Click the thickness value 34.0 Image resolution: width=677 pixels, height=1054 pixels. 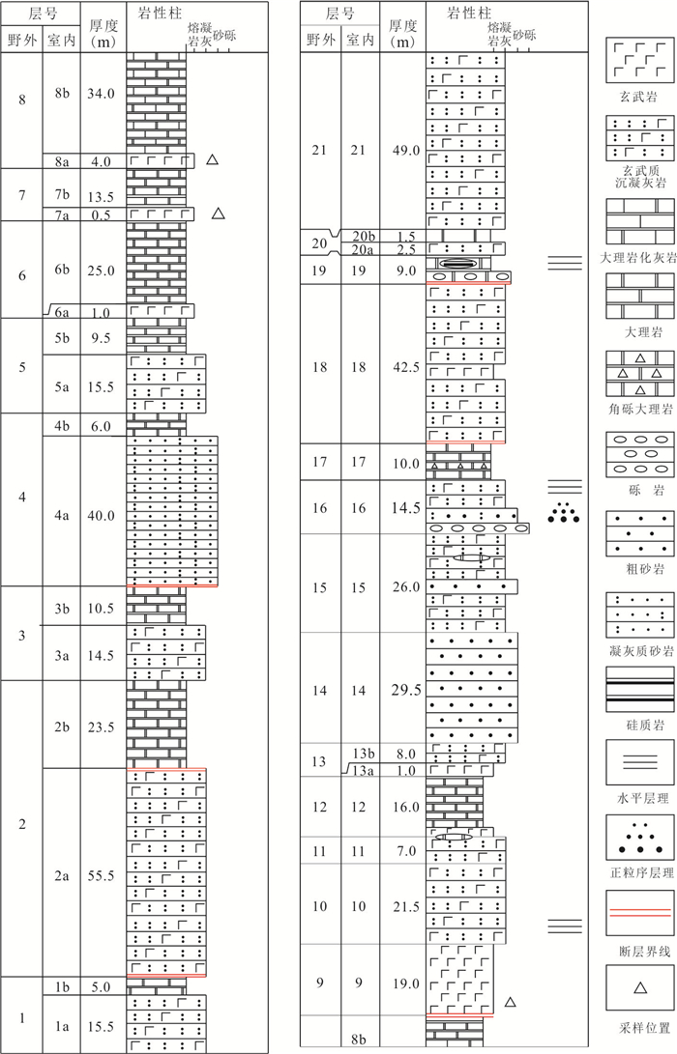tap(101, 94)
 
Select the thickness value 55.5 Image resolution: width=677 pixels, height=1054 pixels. tap(101, 875)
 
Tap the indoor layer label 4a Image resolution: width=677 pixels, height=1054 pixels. tap(62, 516)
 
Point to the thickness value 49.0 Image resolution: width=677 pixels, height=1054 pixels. tap(406, 150)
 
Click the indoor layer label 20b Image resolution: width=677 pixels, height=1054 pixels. tap(364, 236)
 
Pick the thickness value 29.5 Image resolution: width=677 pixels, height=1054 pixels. tap(406, 690)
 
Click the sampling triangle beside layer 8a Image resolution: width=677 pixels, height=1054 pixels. tap(212, 159)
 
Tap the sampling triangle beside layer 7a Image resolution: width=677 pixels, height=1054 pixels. tap(218, 214)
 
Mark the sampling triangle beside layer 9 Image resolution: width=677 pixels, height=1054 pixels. tap(510, 1002)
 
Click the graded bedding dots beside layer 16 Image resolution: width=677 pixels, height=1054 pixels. tap(564, 512)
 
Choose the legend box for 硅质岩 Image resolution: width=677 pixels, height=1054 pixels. tap(640, 689)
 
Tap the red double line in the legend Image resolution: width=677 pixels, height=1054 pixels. tap(640, 912)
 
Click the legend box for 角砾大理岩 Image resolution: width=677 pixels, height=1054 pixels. tap(640, 373)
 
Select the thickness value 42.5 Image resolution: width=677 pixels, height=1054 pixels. tap(406, 367)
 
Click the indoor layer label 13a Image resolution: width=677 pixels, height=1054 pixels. tap(363, 770)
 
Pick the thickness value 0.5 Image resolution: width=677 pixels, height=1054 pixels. tap(101, 214)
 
